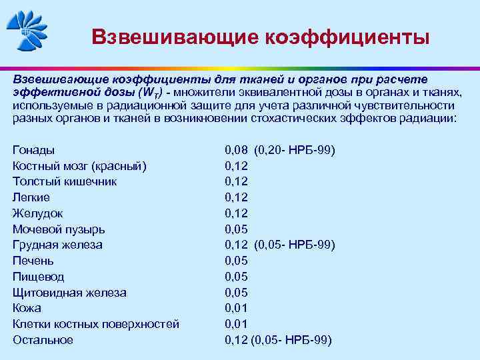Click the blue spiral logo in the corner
click(27, 31)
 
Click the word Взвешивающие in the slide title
click(170, 37)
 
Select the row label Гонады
click(33, 150)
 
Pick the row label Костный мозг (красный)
click(79, 166)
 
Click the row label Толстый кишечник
click(65, 181)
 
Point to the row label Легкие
click(31, 197)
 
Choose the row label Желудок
click(38, 213)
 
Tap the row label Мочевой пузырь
click(59, 229)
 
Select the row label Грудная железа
click(57, 245)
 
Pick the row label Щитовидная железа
click(69, 293)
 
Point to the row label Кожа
click(27, 308)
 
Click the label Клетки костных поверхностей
click(96, 324)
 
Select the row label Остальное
click(43, 340)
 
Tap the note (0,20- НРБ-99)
click(295, 150)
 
